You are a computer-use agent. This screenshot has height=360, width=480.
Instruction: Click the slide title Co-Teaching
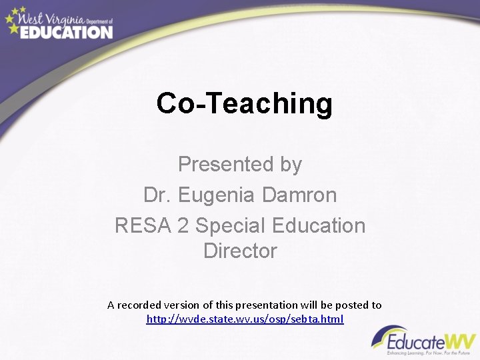tap(244, 103)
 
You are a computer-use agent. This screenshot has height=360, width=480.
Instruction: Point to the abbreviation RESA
tap(143, 225)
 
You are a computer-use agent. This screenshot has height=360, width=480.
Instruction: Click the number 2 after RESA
tap(183, 225)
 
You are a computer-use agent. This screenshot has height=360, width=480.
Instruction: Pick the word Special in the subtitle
tap(231, 225)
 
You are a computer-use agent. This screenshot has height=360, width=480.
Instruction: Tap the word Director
tap(240, 251)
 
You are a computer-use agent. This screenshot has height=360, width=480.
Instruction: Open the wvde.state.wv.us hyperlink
tap(245, 319)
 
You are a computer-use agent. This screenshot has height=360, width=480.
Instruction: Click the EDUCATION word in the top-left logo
tap(66, 31)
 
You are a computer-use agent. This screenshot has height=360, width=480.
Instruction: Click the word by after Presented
tap(291, 164)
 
